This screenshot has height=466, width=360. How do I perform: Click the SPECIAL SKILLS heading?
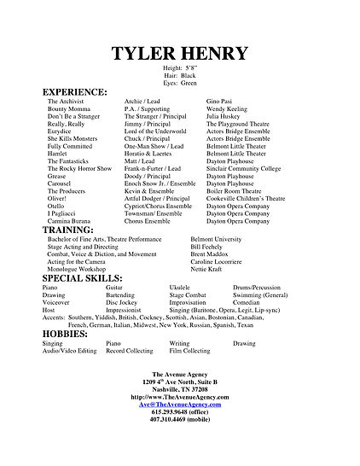(88, 278)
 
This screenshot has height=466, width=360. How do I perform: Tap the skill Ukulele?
(180, 288)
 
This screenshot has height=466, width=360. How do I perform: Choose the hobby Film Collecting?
(190, 350)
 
